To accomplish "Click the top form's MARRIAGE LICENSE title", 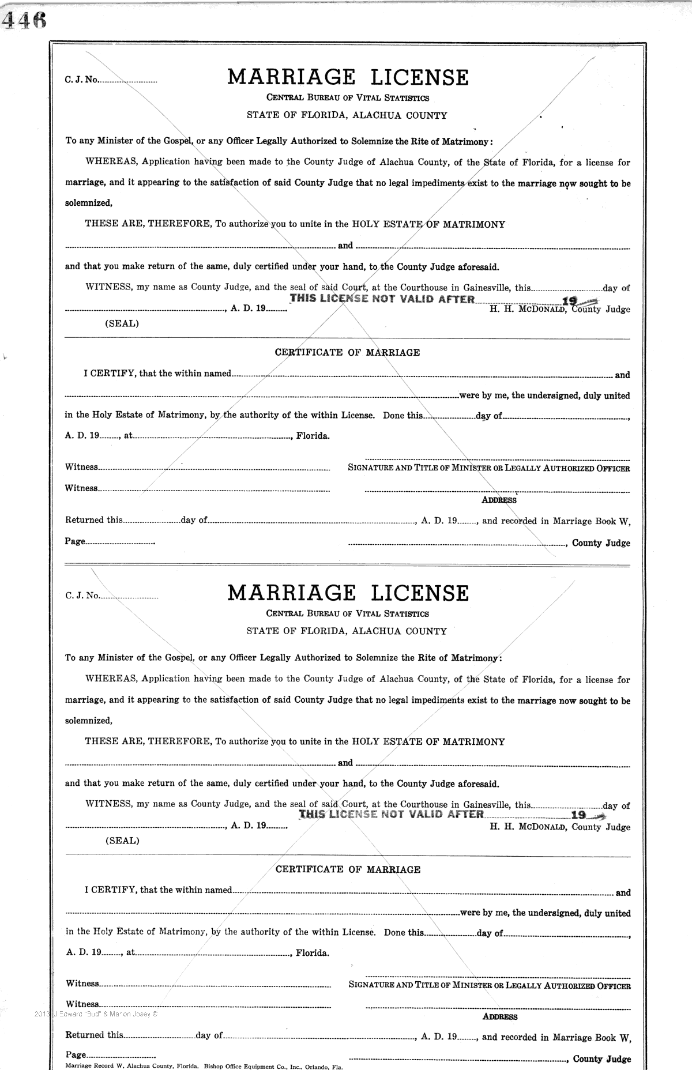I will (348, 77).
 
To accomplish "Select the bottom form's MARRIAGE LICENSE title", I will (348, 593).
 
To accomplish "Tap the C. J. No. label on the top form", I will (81, 80).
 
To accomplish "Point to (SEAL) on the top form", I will (122, 323).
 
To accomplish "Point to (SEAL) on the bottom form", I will (122, 841).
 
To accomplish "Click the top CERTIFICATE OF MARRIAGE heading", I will (347, 352).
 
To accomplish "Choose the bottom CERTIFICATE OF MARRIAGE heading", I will (348, 869).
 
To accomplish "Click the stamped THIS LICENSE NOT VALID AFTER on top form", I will (382, 299).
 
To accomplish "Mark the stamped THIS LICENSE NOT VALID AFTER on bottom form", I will (392, 814).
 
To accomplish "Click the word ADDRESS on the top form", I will (499, 500).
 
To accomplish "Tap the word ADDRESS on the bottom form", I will (500, 1017).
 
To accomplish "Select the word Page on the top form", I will (75, 542).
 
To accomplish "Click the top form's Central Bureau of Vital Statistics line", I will (347, 97).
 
